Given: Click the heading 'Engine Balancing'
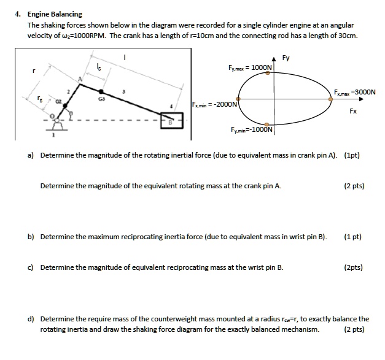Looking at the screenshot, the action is pyautogui.click(x=55, y=13).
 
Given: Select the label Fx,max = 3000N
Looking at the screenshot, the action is pyautogui.click(x=355, y=93).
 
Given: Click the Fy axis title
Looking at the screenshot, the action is pyautogui.click(x=286, y=58).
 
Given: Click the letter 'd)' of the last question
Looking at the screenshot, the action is pyautogui.click(x=31, y=319).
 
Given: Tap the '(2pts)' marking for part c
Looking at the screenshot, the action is pyautogui.click(x=354, y=267).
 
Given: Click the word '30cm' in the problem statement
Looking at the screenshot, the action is pyautogui.click(x=345, y=35).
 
